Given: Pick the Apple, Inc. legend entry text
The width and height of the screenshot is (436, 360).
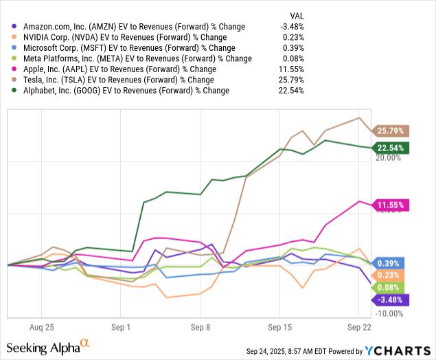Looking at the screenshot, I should pyautogui.click(x=117, y=69).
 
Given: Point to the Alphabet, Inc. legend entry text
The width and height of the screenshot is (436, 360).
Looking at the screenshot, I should pyautogui.click(x=124, y=91).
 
